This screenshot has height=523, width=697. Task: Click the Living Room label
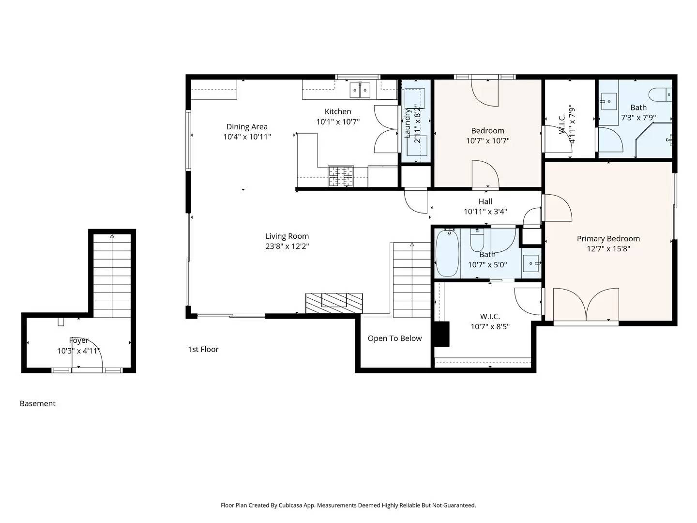click(287, 236)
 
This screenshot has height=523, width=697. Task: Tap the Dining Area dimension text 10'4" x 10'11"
click(247, 137)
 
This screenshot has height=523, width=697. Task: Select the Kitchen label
click(338, 111)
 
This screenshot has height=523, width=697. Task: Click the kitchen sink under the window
click(360, 90)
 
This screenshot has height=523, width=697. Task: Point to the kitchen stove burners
click(341, 176)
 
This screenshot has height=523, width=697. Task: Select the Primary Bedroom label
click(608, 239)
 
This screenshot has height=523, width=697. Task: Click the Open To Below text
click(394, 338)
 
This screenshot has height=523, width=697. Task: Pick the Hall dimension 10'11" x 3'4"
click(485, 212)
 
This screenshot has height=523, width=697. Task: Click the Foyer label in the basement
click(78, 340)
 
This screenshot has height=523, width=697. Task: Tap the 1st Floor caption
click(203, 349)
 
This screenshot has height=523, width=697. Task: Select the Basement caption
click(38, 403)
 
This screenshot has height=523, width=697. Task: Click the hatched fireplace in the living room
click(334, 303)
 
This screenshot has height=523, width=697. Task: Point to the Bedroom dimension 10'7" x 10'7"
click(487, 141)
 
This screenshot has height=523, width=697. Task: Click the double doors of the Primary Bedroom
click(586, 305)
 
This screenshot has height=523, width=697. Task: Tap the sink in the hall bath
click(532, 263)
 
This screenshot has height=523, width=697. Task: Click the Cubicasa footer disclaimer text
click(348, 505)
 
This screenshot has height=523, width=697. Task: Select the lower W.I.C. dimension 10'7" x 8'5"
click(490, 327)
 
